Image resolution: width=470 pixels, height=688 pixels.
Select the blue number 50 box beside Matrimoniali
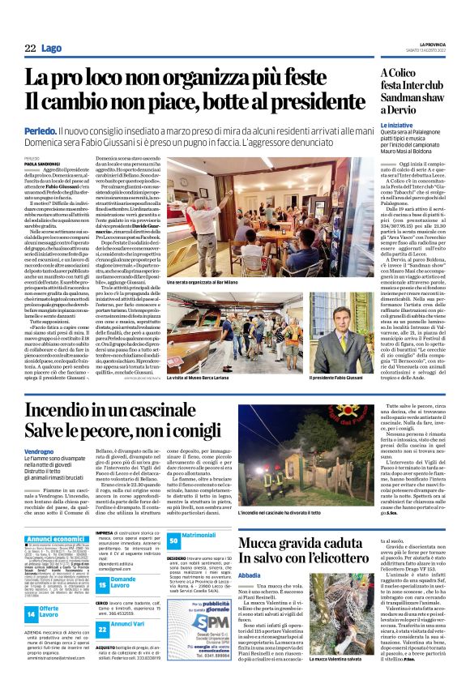tap(173, 538)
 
